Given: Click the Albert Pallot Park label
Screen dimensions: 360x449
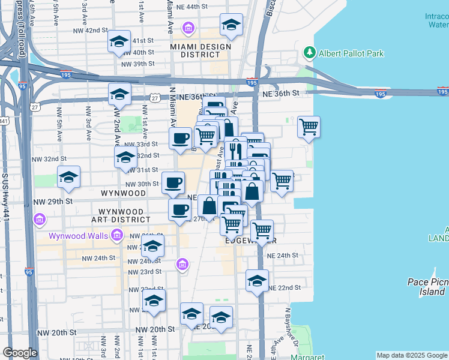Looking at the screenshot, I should tap(351, 53).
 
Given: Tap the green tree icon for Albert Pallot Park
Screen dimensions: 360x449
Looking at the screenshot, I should tap(310, 53).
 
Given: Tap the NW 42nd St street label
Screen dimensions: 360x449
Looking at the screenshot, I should tap(89, 30).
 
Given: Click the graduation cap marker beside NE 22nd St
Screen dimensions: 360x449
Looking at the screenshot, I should tap(257, 281).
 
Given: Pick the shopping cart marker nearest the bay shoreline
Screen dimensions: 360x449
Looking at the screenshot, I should tap(309, 127).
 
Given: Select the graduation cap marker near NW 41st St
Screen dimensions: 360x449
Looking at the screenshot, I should tap(119, 41).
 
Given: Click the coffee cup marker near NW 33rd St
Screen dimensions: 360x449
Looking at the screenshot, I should tap(180, 139).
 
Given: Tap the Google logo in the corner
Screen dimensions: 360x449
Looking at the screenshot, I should tap(20, 353).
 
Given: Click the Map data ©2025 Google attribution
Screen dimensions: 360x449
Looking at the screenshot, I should tap(411, 355).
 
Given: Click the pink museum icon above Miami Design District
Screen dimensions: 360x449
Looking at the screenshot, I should tap(188, 28).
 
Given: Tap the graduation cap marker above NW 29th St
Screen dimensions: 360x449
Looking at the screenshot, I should tap(69, 177).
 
